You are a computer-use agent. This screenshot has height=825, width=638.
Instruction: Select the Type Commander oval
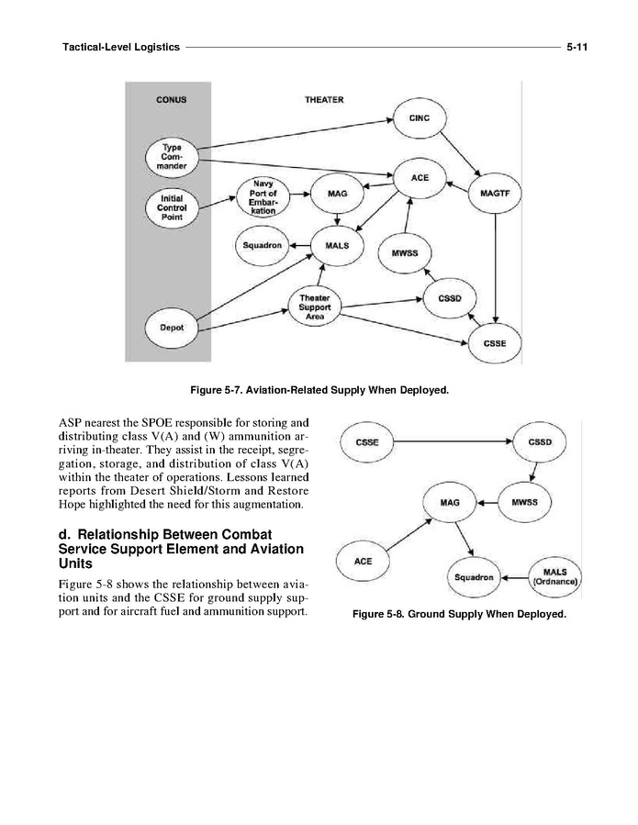(172, 157)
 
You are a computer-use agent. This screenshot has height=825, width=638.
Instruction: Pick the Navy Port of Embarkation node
(263, 197)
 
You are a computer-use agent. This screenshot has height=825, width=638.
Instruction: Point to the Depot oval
(172, 328)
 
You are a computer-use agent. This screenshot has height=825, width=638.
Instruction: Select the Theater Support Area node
(315, 307)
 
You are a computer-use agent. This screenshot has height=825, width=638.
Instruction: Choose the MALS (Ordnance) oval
(554, 578)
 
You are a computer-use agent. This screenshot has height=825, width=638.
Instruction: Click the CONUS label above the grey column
(170, 99)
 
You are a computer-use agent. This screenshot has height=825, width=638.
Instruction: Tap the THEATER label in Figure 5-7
(324, 99)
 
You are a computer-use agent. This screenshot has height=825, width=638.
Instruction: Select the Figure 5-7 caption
(319, 391)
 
